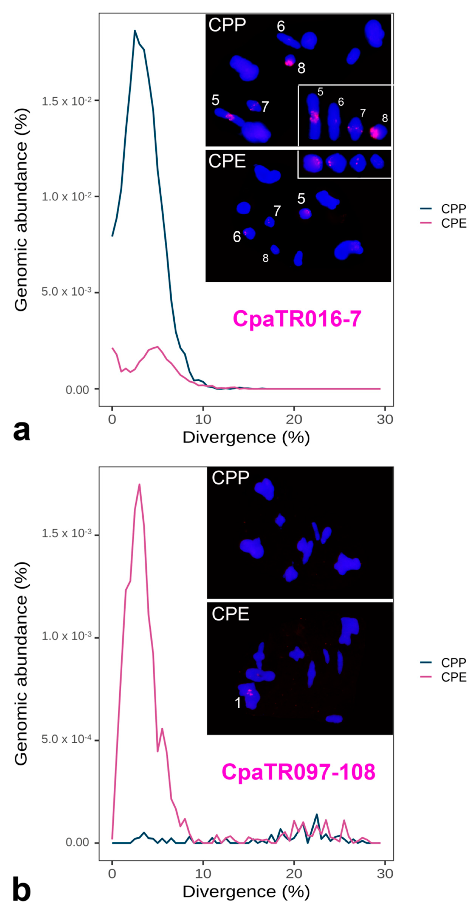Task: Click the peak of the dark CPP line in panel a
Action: pos(135,31)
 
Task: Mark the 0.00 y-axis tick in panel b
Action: pos(77,843)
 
